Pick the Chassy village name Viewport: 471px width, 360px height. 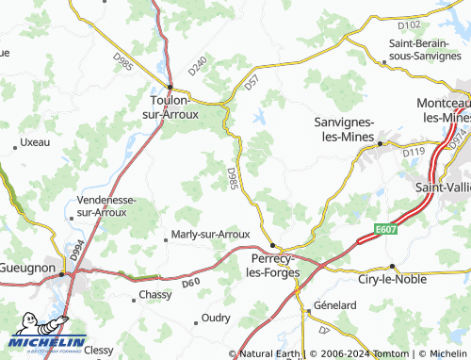coord(155,295)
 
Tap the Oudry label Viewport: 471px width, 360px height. coord(216,319)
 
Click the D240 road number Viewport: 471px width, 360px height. coord(197,67)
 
